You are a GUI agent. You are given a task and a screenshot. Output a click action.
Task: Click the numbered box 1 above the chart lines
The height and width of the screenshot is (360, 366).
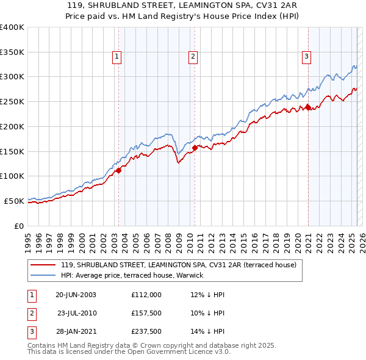116,57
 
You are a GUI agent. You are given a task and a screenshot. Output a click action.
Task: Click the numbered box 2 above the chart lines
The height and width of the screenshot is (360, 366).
193,57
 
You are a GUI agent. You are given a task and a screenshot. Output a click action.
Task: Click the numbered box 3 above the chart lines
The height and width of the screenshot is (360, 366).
306,57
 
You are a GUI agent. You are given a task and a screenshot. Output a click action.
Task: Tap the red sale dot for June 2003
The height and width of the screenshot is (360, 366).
119,171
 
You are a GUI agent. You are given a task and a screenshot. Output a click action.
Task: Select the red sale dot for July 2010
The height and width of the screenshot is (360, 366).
195,148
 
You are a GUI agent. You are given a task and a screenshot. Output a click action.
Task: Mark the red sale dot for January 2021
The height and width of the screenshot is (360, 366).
309,108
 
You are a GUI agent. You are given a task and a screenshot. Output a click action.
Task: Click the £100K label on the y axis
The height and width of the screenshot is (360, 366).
12,176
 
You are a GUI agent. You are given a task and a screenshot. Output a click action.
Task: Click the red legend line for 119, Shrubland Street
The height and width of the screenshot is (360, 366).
43,265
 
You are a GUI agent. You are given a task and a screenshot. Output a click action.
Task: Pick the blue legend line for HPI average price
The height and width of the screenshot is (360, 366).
43,275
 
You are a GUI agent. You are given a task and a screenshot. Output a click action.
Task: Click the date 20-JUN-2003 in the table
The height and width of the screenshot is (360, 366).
76,295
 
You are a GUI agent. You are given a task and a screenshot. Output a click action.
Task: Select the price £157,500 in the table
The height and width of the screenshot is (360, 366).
146,314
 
